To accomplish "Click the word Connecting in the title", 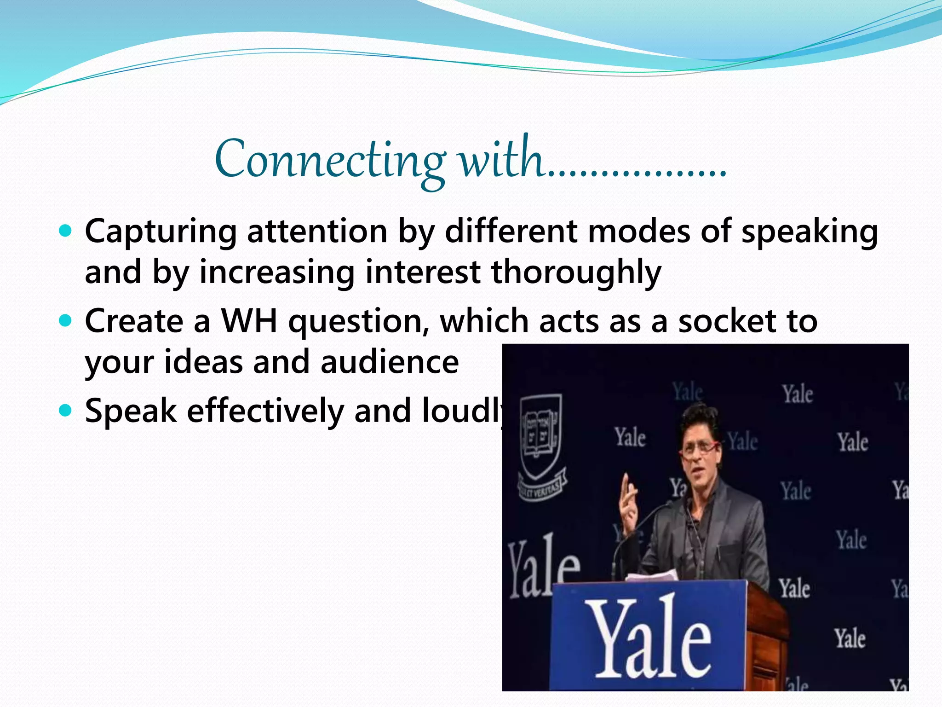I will [329, 159].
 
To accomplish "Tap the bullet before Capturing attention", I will [66, 230].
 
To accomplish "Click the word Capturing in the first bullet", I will [161, 232].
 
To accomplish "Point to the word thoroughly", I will [576, 272].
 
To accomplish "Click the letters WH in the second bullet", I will [250, 320].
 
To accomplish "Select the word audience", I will [389, 362].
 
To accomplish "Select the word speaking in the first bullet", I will [810, 232].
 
